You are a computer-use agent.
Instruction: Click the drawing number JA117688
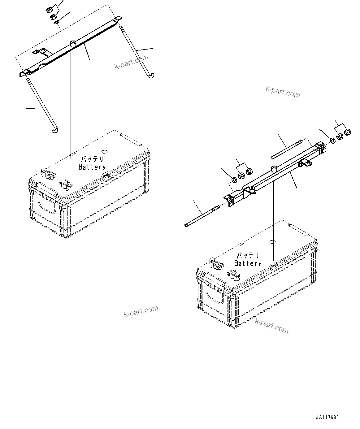(x=327, y=417)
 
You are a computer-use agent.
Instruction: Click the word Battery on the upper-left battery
(x=92, y=167)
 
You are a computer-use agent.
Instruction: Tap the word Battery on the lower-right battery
(x=248, y=263)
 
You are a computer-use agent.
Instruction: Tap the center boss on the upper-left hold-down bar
(x=73, y=44)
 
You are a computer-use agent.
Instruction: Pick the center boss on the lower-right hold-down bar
(x=274, y=169)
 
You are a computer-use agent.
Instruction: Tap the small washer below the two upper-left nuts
(x=56, y=22)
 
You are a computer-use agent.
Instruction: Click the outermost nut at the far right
(x=347, y=132)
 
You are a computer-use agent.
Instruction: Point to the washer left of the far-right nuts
(x=332, y=141)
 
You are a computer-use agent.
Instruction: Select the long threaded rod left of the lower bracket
(x=201, y=215)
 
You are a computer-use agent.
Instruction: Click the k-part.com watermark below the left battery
(x=141, y=311)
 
